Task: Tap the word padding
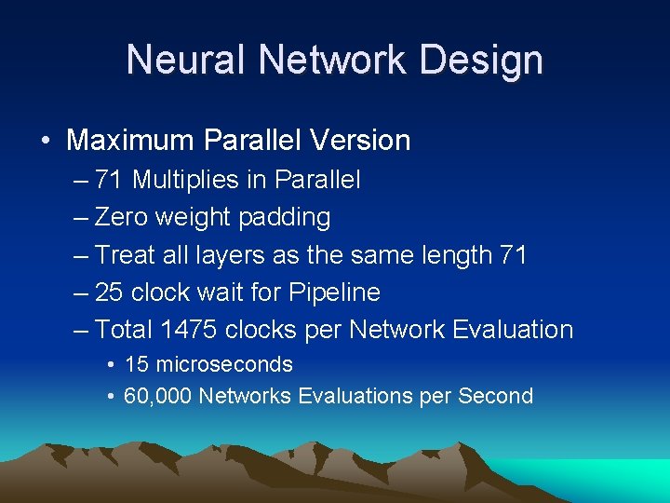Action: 285,217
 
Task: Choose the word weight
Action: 194,217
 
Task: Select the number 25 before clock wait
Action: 109,292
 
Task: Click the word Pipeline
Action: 336,292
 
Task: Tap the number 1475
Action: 192,329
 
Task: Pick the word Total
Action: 125,329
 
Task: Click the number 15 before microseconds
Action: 135,364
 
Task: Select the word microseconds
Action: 223,364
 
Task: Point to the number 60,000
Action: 157,396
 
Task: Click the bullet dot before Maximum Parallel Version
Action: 45,142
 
